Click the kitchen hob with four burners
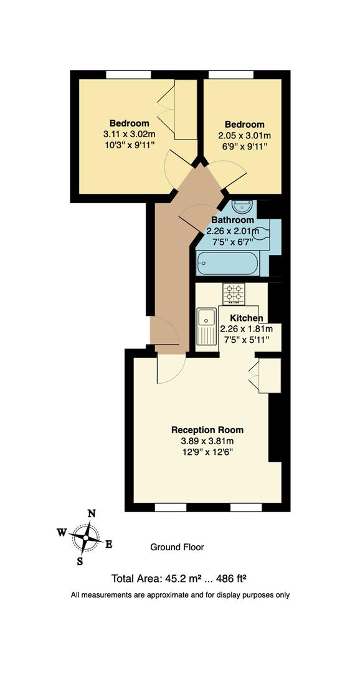pos(234,292)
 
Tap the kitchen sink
pos(206,327)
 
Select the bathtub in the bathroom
pos(227,263)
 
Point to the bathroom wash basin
pos(240,207)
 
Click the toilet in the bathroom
pos(262,234)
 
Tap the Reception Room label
pos(207,430)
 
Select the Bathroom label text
pos(232,220)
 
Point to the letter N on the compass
pos(92,513)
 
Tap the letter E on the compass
pos(108,544)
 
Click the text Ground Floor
pos(177,547)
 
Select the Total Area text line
pos(183,578)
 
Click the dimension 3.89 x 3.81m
pos(207,442)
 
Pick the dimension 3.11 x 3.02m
pos(129,134)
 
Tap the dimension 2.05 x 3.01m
pos(245,135)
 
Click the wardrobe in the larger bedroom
pos(184,110)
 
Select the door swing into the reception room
pos(170,370)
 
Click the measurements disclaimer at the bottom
pos(180,595)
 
